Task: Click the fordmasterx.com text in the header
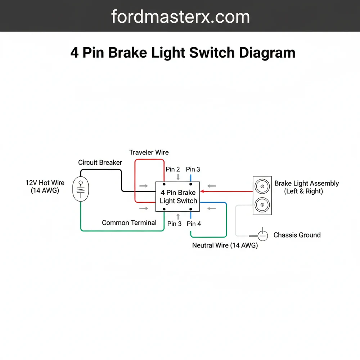pos(180,17)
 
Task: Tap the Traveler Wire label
pos(149,152)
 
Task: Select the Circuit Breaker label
pos(100,162)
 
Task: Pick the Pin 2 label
pos(173,169)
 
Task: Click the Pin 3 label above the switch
pos(193,169)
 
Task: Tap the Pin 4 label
pos(194,224)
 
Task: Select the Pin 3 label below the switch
pos(174,224)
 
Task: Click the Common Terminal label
pos(129,222)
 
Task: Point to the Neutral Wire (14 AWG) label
pos(225,246)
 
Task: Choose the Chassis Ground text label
pos(297,235)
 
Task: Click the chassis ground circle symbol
pos(263,235)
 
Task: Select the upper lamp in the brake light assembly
pos(262,186)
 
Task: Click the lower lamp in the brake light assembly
pos(262,205)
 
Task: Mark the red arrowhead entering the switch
pos(202,191)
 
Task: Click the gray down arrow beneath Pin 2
pos(178,177)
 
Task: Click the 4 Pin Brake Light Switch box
pos(178,197)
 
